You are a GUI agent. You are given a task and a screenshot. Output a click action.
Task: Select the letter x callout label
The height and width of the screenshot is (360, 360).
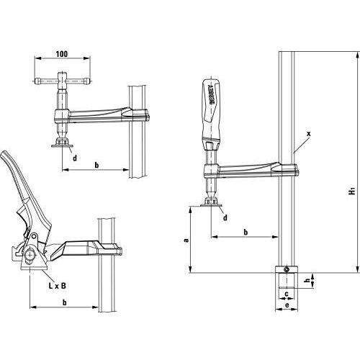(307, 134)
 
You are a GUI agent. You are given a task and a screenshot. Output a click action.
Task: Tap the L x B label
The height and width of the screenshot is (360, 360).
(58, 285)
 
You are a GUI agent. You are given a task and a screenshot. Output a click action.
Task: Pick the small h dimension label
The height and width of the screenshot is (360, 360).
(306, 281)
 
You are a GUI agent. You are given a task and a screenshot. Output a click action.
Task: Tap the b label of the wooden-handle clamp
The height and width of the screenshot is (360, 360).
(245, 232)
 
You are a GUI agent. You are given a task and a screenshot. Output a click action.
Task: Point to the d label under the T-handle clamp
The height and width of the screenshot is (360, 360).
(75, 158)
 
